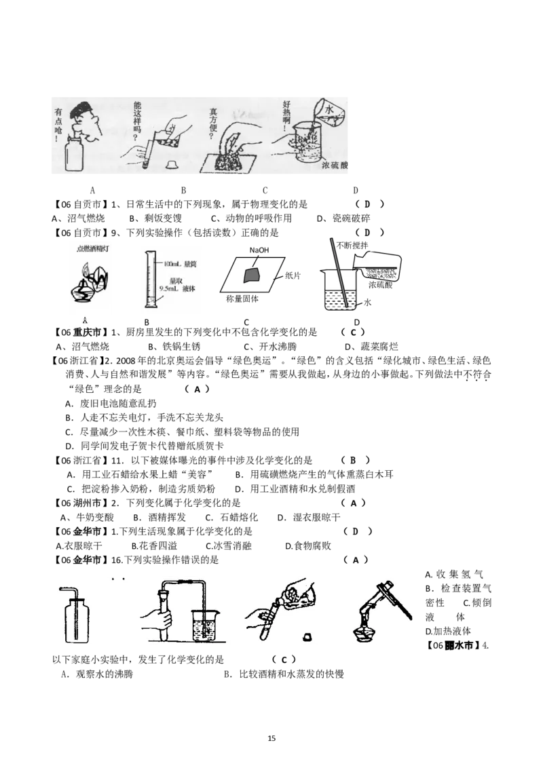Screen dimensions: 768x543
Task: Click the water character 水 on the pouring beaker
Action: [x=329, y=109]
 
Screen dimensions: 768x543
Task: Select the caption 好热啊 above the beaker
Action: [x=286, y=116]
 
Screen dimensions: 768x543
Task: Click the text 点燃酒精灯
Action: [x=89, y=249]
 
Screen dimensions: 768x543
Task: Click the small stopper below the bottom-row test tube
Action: [x=306, y=638]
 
